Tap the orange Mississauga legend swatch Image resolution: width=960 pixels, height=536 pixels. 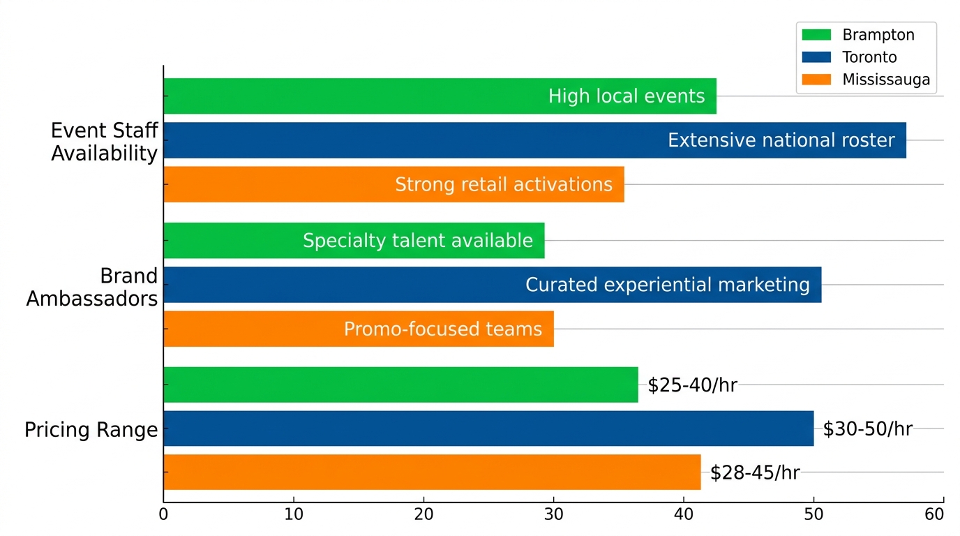pos(816,80)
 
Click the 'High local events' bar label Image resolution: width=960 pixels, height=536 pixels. pos(627,96)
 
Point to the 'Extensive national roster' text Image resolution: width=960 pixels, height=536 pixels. pos(781,140)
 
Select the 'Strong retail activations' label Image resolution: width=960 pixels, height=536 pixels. pos(504,184)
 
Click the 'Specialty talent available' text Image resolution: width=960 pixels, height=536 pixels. pos(418,241)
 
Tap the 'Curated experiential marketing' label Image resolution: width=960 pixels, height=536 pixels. pos(667,285)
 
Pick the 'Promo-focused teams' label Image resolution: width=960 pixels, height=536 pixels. pos(443,329)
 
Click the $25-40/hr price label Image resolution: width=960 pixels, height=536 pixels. pos(692,385)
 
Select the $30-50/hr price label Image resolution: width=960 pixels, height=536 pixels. pos(867,429)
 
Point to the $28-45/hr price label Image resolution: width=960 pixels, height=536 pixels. pos(755,473)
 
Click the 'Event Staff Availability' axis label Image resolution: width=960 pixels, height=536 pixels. pos(105,142)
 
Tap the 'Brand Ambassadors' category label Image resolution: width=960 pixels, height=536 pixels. pos(92,287)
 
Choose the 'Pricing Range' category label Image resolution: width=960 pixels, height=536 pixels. pos(91,430)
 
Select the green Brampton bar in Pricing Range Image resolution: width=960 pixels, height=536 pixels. pos(400,385)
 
